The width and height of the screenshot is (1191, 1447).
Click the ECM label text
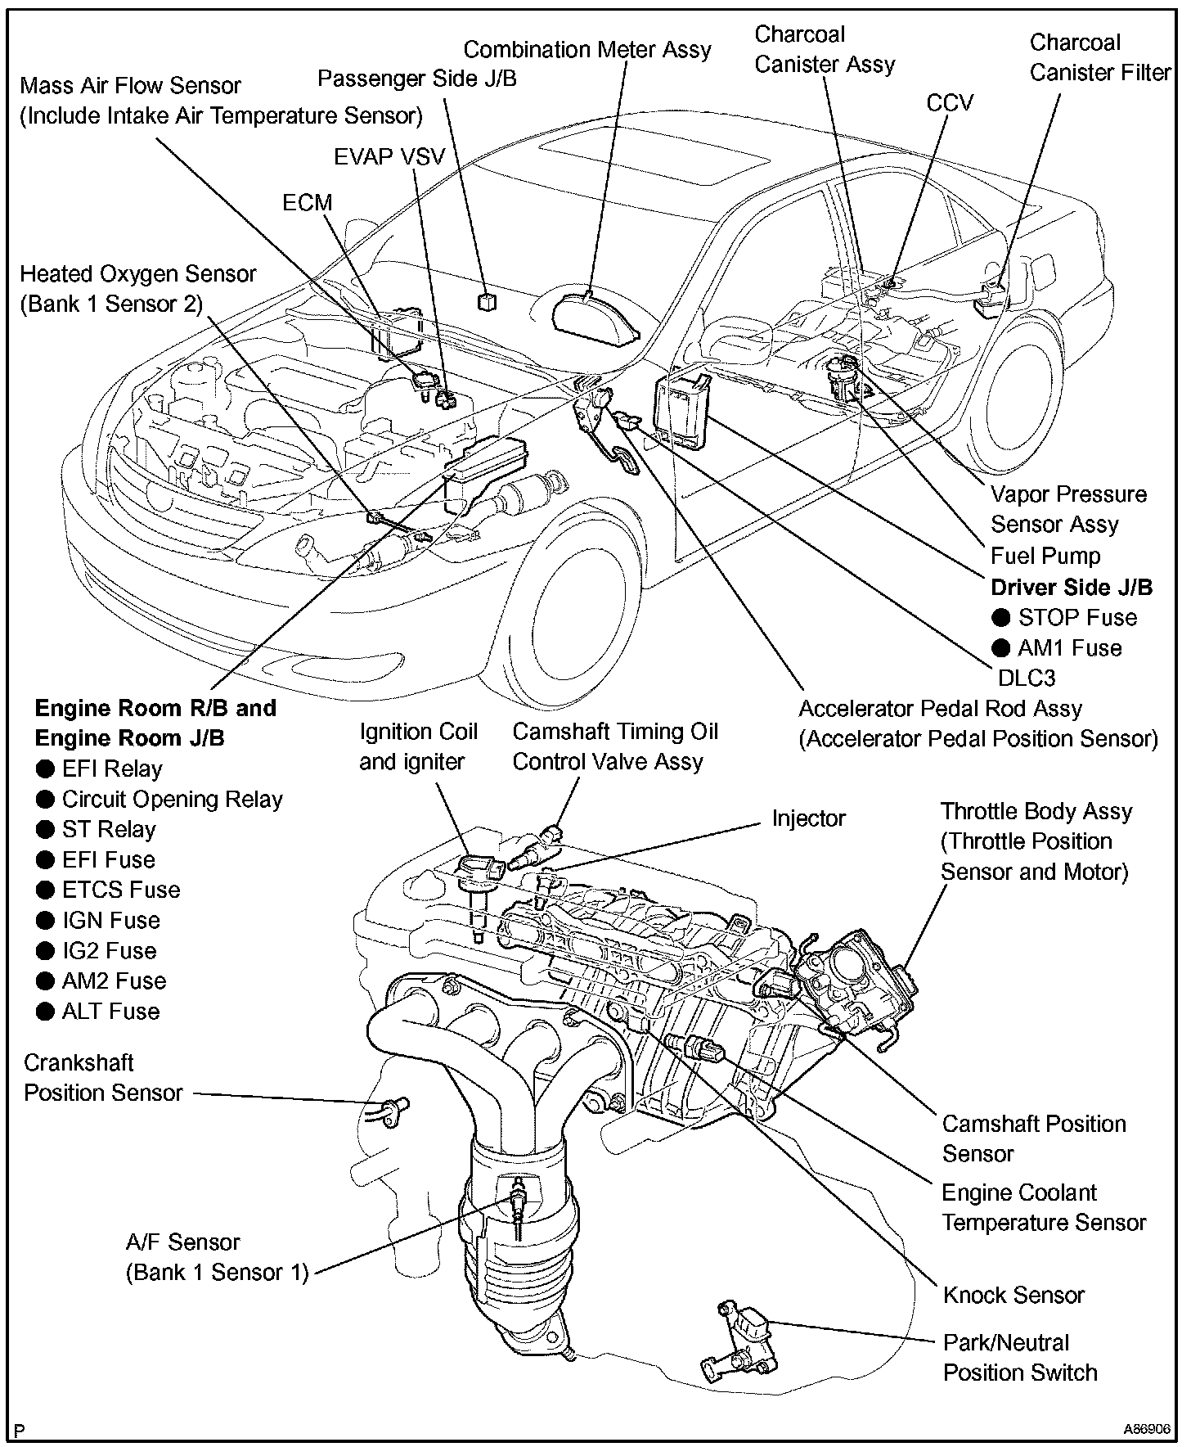pos(308,202)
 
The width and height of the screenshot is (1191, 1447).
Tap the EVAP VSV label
pos(389,156)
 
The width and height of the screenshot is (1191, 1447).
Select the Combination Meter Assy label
pos(587,50)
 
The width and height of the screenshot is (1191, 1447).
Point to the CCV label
pos(950,102)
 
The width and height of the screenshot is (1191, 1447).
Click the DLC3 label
pos(1027,678)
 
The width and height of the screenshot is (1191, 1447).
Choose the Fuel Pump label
pos(1045,557)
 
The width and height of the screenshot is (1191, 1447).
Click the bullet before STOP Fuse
pos(1000,618)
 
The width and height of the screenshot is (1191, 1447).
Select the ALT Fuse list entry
pos(110,1012)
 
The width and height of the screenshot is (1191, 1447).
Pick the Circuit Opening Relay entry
pos(172,800)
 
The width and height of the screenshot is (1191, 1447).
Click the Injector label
pos(808,818)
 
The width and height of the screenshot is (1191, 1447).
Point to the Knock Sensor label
pos(1013,1295)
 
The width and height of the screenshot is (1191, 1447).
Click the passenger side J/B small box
pos(487,301)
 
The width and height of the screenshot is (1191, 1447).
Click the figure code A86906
pos(1147,1429)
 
